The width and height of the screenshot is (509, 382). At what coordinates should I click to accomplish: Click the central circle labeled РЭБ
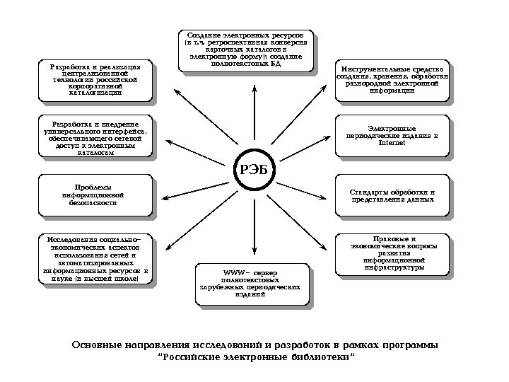[x=255, y=170]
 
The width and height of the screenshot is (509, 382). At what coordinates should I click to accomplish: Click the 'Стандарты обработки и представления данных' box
[x=392, y=195]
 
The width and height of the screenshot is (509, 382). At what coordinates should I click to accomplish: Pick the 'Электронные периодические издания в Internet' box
[x=392, y=135]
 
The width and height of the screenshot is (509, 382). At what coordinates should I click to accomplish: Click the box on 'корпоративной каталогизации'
[x=95, y=80]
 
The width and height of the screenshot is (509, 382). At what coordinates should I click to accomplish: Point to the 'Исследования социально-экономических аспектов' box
[x=95, y=259]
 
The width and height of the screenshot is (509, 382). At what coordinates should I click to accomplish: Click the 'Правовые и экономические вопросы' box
[x=392, y=253]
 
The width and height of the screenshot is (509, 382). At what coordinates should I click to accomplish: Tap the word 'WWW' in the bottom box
[x=233, y=272]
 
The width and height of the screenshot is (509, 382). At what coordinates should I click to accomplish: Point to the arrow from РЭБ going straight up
[x=255, y=113]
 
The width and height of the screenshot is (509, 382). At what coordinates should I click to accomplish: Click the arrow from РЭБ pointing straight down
[x=255, y=226]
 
